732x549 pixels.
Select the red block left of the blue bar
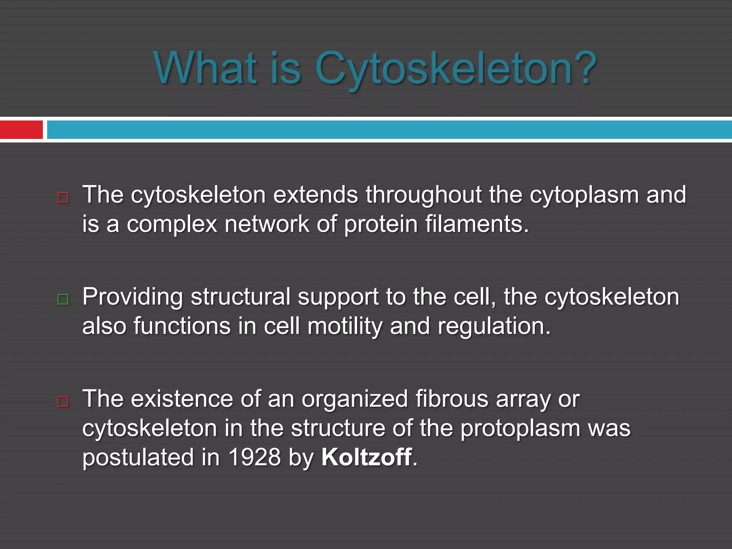21,130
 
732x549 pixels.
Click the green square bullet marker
63,299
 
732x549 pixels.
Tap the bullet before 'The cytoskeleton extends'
63,197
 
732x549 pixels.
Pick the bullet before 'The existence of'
63,401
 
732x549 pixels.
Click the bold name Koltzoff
366,457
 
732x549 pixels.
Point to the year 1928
254,457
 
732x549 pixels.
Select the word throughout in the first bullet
424,195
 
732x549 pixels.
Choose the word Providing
132,297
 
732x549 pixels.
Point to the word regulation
494,327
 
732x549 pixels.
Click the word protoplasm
520,429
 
